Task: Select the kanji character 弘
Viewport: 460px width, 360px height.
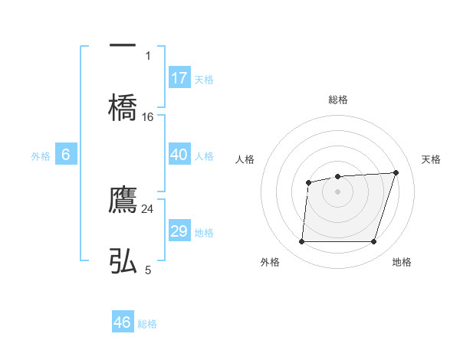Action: (123, 260)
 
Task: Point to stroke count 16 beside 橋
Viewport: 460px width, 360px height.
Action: (148, 116)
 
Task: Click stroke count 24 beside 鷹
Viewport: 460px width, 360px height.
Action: (148, 208)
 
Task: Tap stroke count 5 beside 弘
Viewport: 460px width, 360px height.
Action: (148, 270)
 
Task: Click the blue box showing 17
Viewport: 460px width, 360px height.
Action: (179, 78)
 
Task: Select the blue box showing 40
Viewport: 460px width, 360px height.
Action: (179, 155)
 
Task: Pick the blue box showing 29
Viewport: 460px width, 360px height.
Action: (179, 231)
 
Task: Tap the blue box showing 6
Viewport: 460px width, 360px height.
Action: (66, 155)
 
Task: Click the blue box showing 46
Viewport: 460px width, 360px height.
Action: (123, 322)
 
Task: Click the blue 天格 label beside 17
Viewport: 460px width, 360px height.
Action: (204, 80)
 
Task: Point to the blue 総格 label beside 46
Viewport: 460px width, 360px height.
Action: (147, 324)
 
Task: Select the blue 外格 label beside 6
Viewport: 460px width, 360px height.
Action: (41, 156)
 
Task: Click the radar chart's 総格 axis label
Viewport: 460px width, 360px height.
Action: (337, 100)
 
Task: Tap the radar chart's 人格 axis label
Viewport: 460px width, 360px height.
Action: (245, 159)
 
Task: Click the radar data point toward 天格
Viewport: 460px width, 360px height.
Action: (396, 172)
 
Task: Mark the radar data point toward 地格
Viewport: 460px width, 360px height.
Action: (373, 242)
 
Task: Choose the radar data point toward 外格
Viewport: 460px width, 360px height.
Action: (301, 242)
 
